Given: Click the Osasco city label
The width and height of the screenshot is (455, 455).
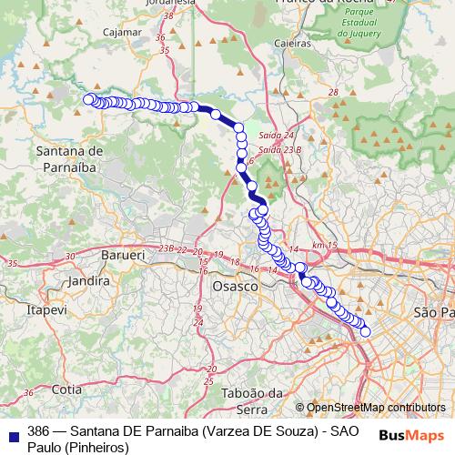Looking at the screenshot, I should pos(235,286).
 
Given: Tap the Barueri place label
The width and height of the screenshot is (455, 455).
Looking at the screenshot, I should pos(124,257).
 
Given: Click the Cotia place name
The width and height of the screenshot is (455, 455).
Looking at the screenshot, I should pos(67,389).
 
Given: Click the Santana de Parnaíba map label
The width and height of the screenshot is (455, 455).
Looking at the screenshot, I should pos(69,157).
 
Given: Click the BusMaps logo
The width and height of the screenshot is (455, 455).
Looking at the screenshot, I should pos(412,434).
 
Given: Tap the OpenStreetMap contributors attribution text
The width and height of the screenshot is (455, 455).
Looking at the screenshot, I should pos(376,408).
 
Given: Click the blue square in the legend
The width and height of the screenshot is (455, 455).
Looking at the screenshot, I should pos(13,433).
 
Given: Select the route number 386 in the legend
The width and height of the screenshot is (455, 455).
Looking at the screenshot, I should pos(38,430).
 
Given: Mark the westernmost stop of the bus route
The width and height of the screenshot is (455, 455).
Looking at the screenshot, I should pos(88,99).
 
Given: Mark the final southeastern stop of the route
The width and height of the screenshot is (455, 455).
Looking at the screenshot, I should pos(366,332).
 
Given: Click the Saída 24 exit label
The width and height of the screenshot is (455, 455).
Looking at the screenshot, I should pos(272,135).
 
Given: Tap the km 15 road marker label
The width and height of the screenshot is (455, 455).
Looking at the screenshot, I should pos(323,246).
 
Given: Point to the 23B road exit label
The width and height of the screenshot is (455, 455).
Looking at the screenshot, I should pos(166,248).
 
